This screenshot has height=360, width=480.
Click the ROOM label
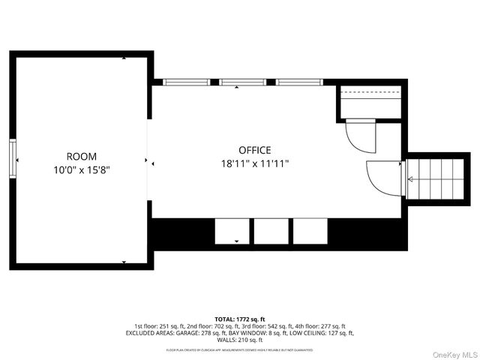click(81, 156)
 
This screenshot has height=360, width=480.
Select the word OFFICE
click(255, 150)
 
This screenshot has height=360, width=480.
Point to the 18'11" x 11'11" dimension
click(255, 163)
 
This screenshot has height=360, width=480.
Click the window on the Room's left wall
click(12, 160)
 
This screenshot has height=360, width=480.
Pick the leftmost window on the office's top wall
click(187, 82)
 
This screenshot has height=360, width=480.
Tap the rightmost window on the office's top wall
click(299, 82)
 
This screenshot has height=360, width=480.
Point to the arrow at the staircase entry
click(409, 178)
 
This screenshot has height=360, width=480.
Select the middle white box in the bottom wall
click(270, 231)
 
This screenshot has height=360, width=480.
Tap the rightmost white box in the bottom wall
click(310, 231)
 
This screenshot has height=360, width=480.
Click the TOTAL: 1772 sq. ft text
click(240, 319)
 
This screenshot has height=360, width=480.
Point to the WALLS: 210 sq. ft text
click(240, 340)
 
